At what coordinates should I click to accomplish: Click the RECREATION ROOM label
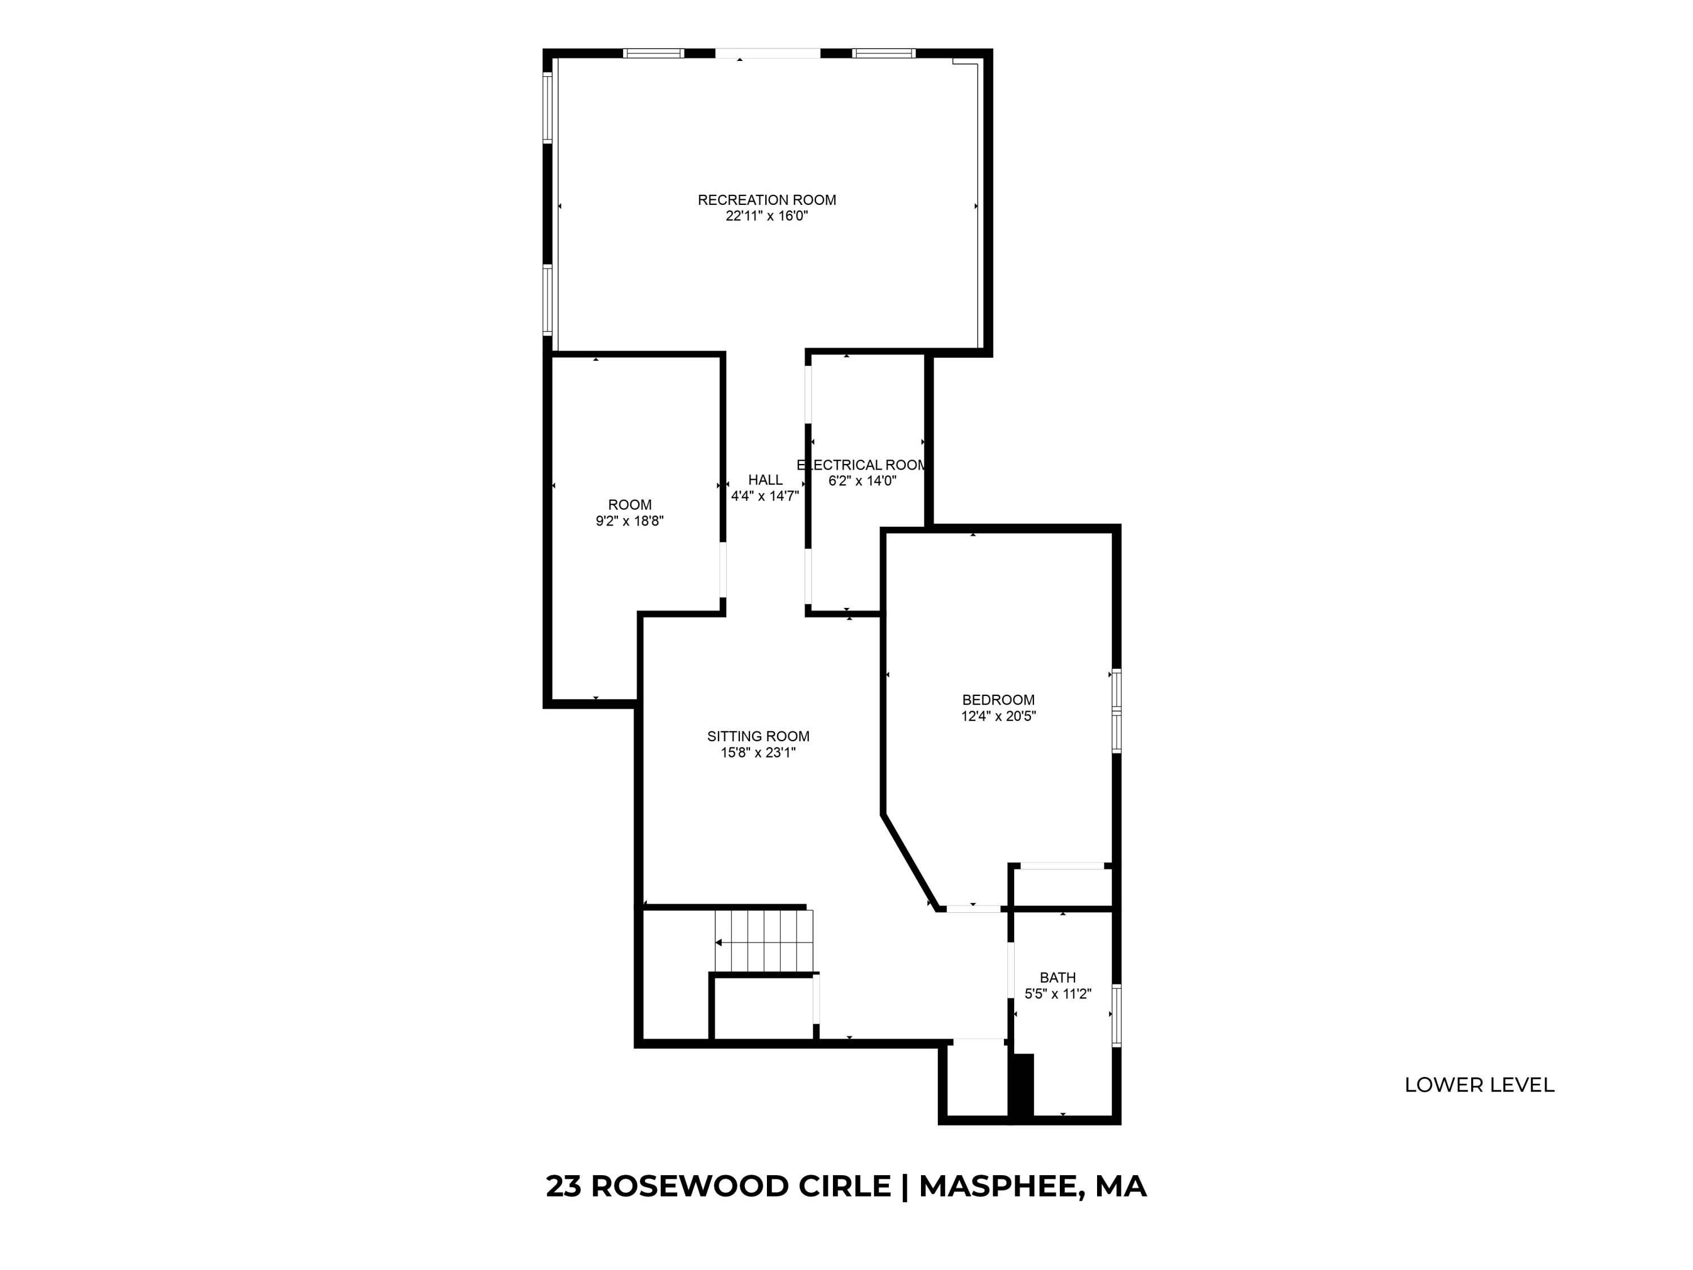point(766,200)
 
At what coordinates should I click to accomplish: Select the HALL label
point(765,480)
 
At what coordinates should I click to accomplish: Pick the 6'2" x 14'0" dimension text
point(862,481)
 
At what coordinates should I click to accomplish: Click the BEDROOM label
point(998,700)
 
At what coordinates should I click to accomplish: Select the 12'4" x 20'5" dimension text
point(998,716)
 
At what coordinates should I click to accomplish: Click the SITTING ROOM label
point(758,737)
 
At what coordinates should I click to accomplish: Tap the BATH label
point(1058,978)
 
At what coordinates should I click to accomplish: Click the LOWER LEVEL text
point(1479,1085)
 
